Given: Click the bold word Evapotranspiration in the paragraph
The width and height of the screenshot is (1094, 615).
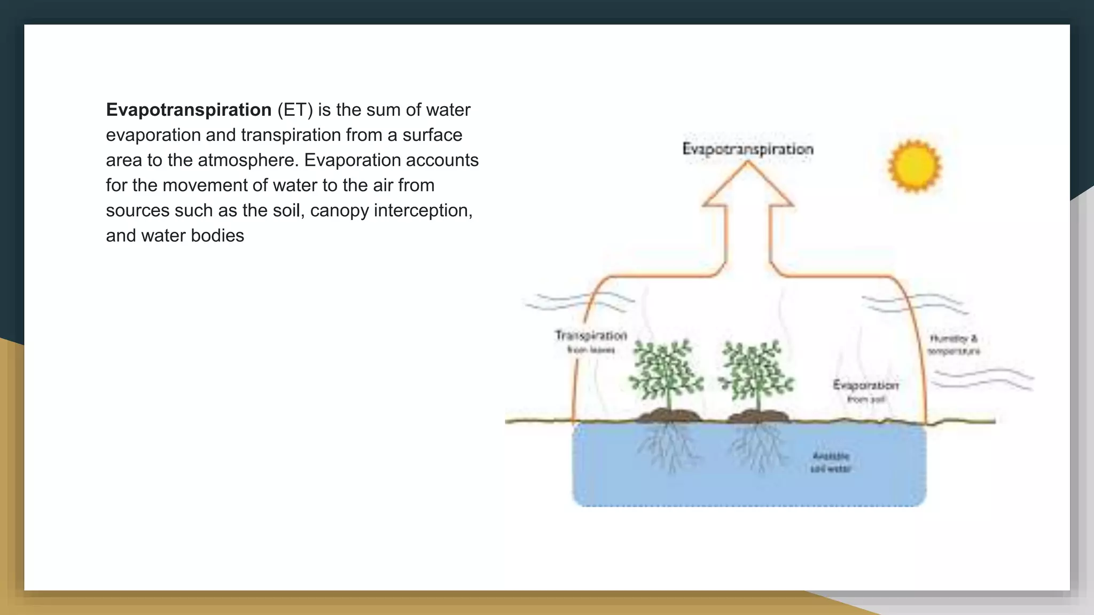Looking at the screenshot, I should (189, 110).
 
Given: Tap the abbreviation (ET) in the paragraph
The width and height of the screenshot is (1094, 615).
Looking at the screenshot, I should (294, 110).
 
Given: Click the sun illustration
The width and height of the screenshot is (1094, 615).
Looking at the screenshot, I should (915, 165).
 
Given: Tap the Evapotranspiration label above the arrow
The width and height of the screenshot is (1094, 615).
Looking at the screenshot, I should (748, 149).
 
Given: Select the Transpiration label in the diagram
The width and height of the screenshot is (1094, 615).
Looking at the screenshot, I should (591, 336).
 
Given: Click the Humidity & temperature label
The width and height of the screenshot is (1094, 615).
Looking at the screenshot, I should (954, 345).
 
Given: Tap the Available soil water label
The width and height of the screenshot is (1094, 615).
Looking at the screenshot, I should (831, 462).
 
